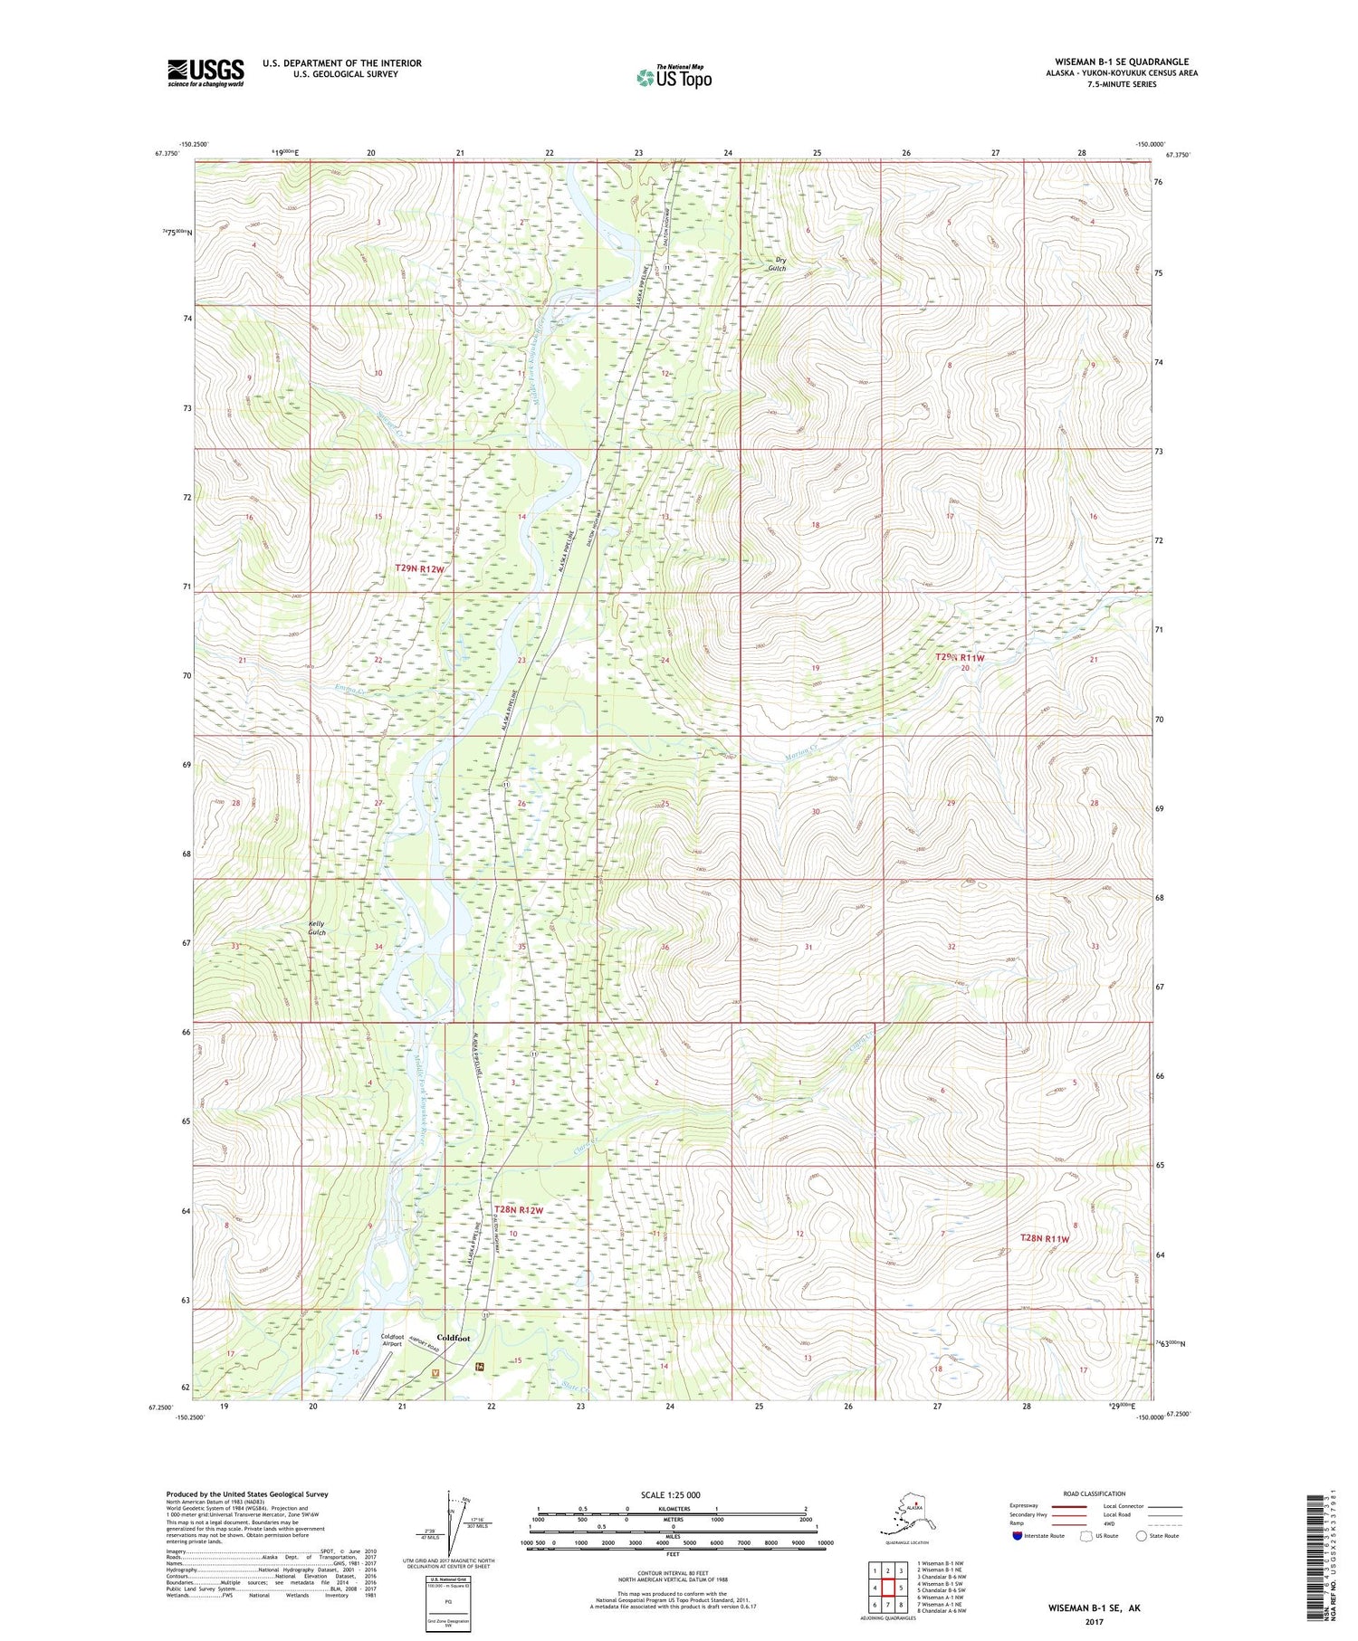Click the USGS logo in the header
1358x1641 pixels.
coord(206,72)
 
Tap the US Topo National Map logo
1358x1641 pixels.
coord(674,77)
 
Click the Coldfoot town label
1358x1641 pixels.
coord(453,1337)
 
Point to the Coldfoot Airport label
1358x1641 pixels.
coord(392,1340)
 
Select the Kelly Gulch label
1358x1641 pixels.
coord(316,928)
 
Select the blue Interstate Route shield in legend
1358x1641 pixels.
coord(1018,1536)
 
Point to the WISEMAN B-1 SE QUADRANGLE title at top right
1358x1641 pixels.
coord(1121,62)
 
